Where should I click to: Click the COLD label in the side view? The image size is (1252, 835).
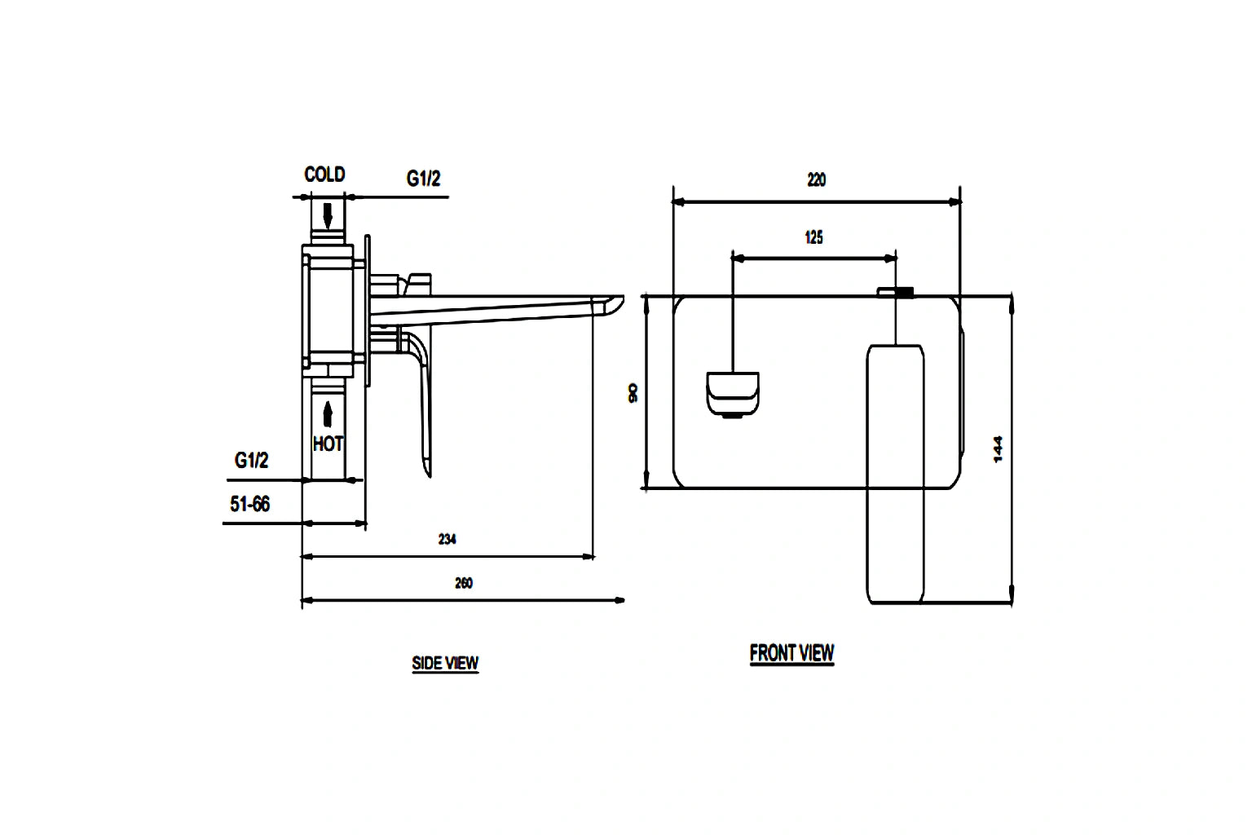tap(324, 175)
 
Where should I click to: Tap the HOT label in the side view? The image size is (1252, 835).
tap(328, 444)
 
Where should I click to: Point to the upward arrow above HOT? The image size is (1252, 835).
tap(328, 413)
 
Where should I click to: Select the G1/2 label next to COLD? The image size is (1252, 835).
tap(423, 179)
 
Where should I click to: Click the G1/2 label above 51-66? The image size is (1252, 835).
tap(251, 461)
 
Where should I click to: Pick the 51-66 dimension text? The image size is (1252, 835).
tap(249, 505)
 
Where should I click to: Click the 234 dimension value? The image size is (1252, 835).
tap(447, 539)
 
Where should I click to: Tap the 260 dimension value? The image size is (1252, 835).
tap(463, 583)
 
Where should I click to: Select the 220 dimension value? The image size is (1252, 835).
tap(816, 179)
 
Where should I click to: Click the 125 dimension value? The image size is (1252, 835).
tap(813, 237)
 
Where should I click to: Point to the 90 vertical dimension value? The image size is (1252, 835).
tap(633, 393)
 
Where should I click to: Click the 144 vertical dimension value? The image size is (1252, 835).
tap(999, 449)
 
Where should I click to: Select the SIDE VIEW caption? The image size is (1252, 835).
tap(445, 664)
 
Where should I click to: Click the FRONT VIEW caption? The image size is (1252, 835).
tap(791, 653)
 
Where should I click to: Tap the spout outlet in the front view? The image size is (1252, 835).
tap(732, 393)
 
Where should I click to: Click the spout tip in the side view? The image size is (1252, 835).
tap(611, 304)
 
